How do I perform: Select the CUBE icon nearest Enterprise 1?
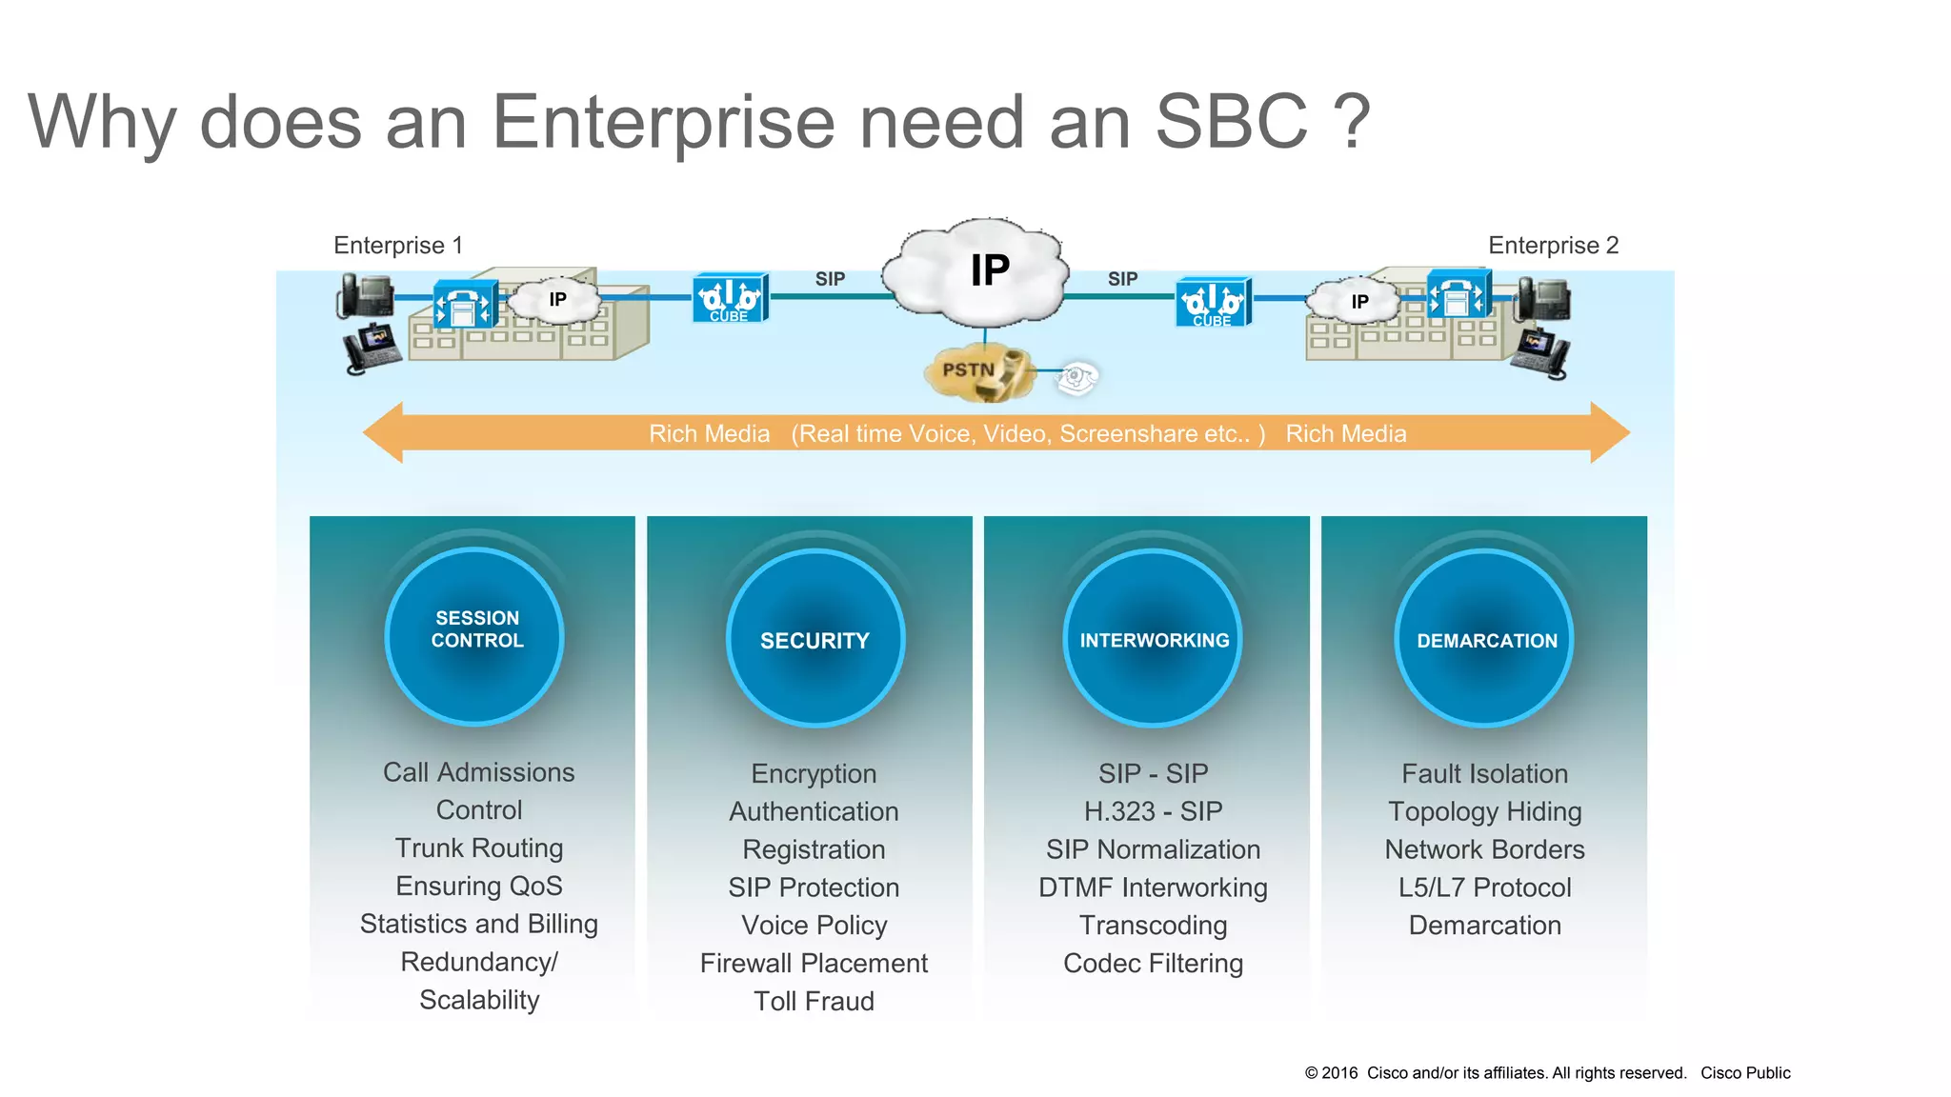point(730,299)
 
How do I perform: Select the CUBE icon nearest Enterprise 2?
point(1213,303)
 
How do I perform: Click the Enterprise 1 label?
point(398,246)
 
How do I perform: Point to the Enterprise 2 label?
point(1553,246)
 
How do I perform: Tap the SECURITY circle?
point(815,638)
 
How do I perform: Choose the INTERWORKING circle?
point(1153,638)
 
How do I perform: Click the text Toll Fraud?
point(814,1001)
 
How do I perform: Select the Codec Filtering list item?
point(1153,964)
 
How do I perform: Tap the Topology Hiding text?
point(1484,811)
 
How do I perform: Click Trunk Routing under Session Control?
point(479,848)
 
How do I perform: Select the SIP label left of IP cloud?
point(830,279)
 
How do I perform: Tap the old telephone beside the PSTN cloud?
point(1077,377)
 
